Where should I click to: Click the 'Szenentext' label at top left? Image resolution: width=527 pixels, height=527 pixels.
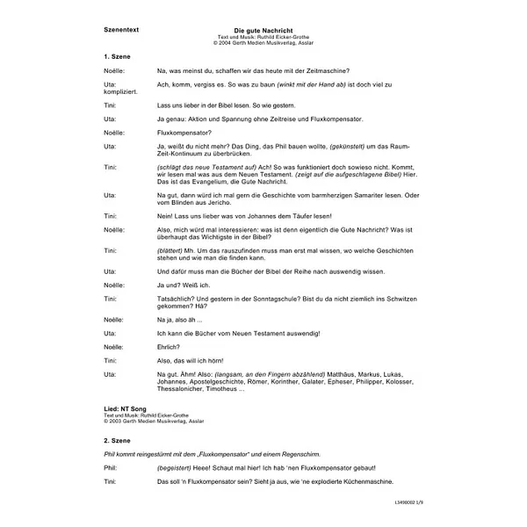click(120, 31)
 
